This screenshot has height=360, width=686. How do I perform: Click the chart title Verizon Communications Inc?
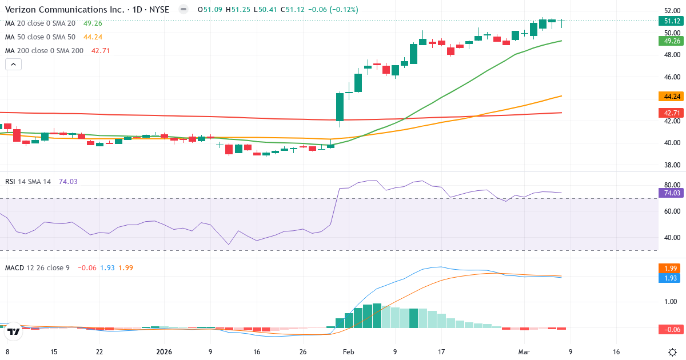click(x=54, y=10)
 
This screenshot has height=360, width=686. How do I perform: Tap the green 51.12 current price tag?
click(x=671, y=21)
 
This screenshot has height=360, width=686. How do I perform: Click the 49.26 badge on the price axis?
click(x=671, y=41)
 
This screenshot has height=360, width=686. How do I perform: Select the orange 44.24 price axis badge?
click(x=671, y=97)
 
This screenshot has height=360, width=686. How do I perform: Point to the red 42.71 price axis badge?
click(x=671, y=113)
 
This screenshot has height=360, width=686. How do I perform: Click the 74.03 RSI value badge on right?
click(x=671, y=193)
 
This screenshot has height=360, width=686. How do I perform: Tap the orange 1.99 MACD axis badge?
click(x=671, y=268)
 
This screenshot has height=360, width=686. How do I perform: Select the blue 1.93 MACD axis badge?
click(x=671, y=278)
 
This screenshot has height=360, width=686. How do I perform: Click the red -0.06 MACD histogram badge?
click(x=671, y=329)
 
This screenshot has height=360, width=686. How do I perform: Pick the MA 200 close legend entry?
click(x=44, y=51)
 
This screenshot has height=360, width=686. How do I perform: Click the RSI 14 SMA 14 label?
click(x=28, y=182)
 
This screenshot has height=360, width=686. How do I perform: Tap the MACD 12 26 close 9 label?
click(x=37, y=267)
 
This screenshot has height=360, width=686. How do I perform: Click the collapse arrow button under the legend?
click(x=14, y=65)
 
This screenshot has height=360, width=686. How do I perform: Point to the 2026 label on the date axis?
click(x=164, y=352)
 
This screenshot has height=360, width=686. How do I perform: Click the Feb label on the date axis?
click(x=349, y=352)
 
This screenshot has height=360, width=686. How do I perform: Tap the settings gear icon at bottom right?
click(x=673, y=351)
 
